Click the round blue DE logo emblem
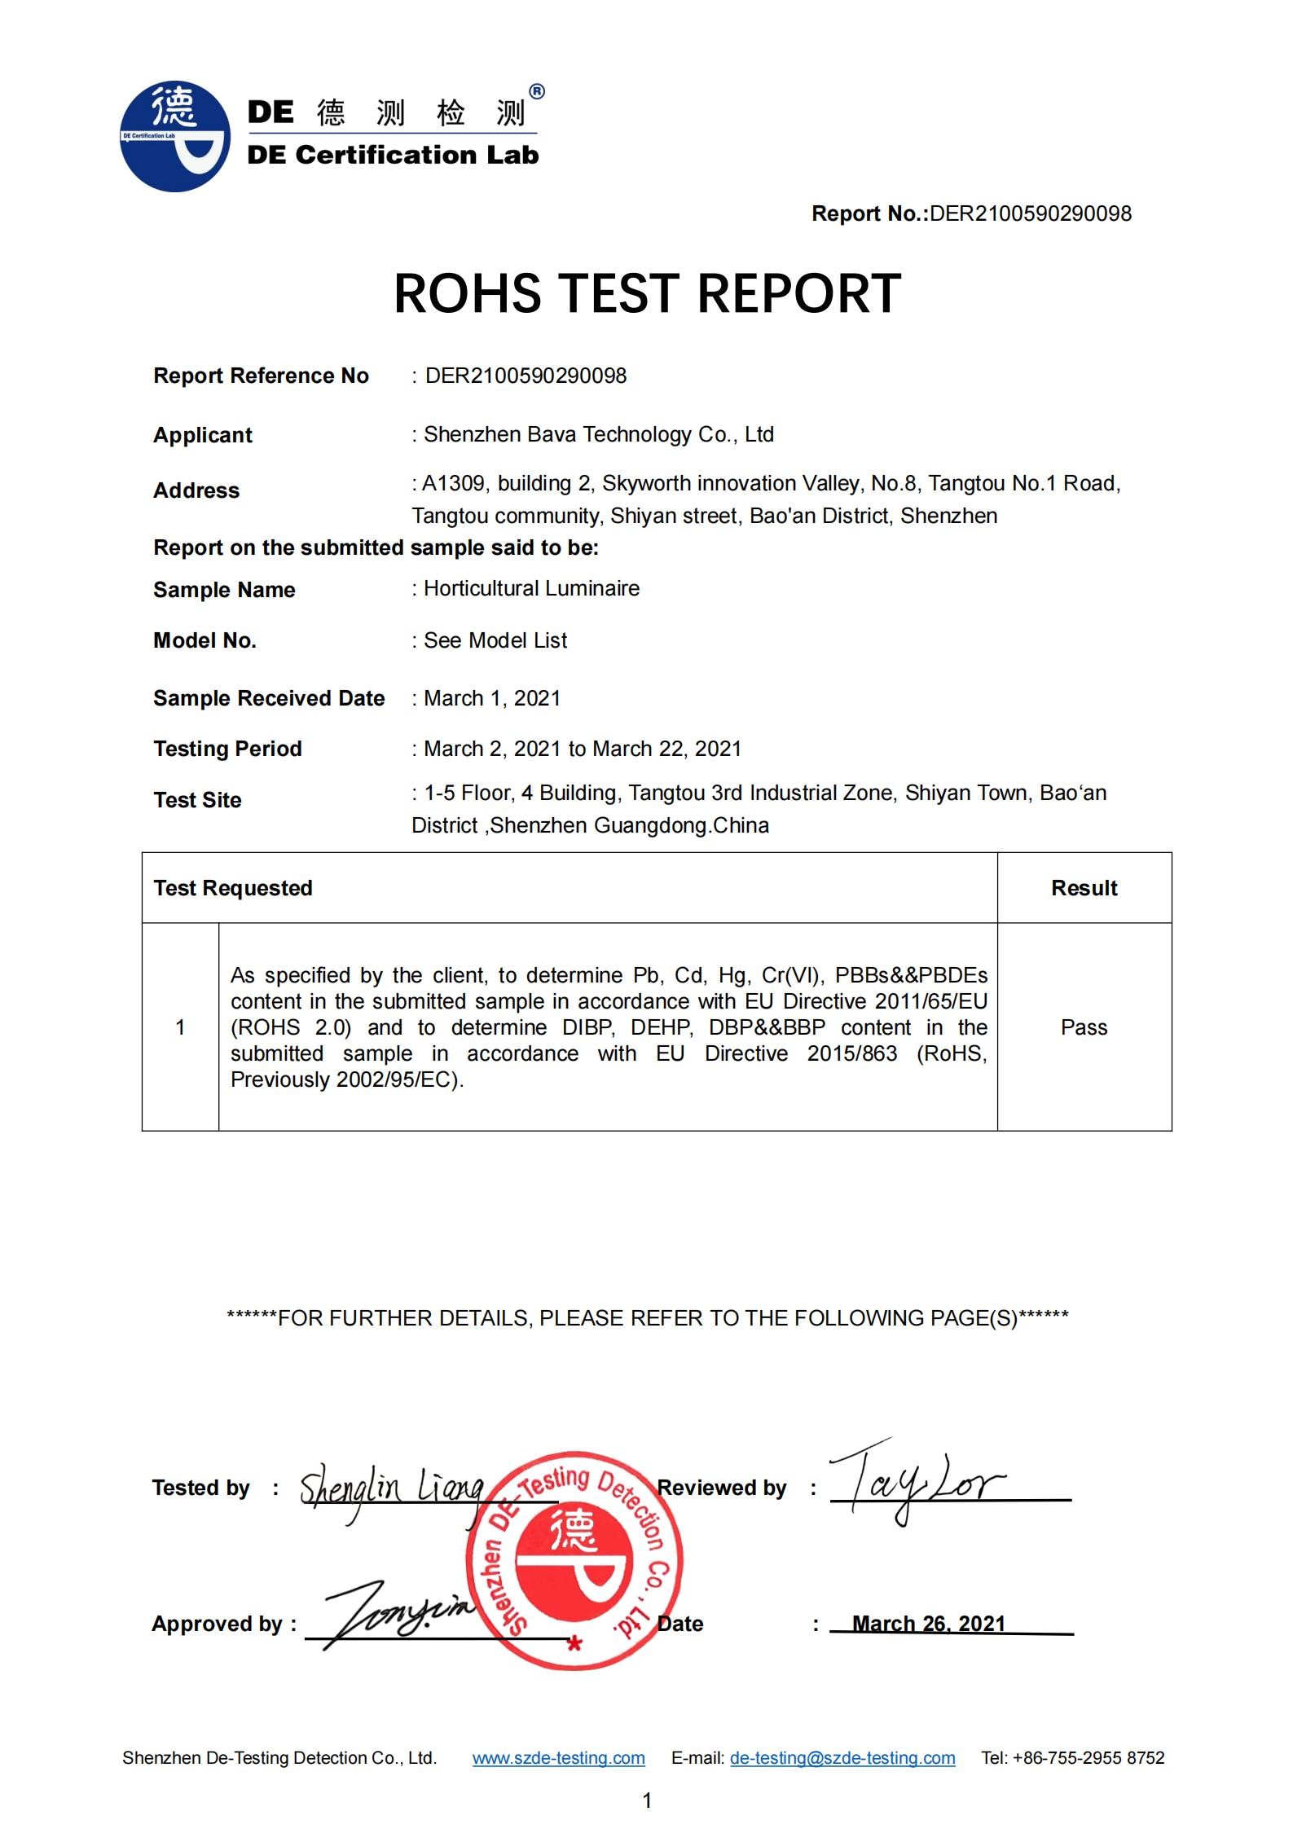(174, 136)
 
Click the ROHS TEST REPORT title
(647, 293)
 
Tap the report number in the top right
(1030, 213)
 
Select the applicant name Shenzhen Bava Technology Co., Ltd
(598, 434)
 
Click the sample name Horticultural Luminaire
(531, 588)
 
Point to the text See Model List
(495, 640)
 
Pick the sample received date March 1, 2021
(492, 698)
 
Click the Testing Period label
(227, 749)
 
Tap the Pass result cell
(1084, 1027)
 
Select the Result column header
(1084, 888)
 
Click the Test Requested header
(233, 888)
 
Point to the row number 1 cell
(180, 1027)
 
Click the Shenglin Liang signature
(391, 1490)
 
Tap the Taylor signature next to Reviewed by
(917, 1482)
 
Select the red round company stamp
(574, 1559)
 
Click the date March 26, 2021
(928, 1624)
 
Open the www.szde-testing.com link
(558, 1758)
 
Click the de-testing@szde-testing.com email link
(842, 1758)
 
